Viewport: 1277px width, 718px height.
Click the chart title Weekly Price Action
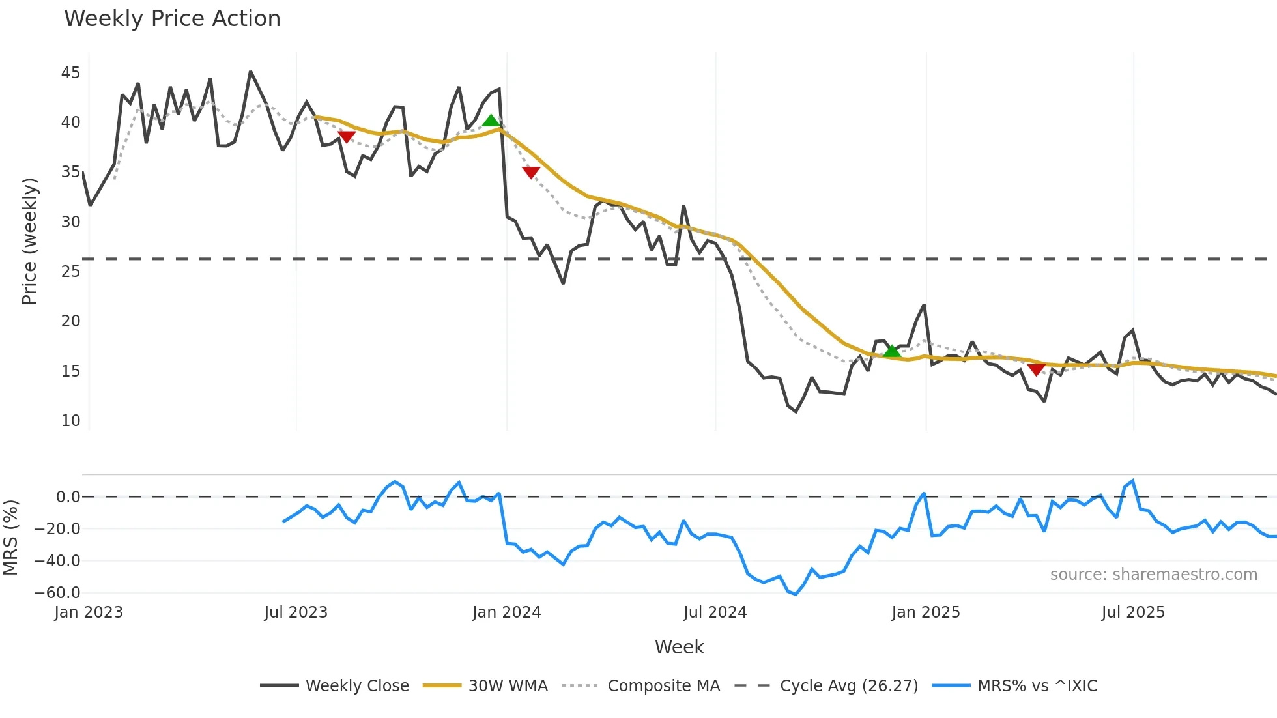click(172, 19)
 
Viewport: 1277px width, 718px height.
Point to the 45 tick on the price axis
click(70, 73)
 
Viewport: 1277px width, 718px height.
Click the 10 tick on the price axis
click(70, 421)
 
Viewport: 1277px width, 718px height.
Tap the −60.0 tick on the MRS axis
click(57, 593)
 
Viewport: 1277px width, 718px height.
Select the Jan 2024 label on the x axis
click(506, 612)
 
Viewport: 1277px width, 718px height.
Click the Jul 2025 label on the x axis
click(1132, 612)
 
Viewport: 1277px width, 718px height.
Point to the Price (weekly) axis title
click(29, 241)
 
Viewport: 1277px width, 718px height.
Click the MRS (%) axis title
click(10, 538)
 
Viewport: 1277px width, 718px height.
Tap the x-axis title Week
click(679, 647)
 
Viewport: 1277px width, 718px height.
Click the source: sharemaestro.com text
click(1153, 575)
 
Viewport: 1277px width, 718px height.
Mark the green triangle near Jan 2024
click(491, 121)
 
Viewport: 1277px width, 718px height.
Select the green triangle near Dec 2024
click(891, 351)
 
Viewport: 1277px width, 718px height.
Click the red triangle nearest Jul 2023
click(347, 137)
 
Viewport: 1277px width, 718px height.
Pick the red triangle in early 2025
click(1036, 369)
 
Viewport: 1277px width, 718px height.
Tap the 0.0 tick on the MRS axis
click(68, 497)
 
